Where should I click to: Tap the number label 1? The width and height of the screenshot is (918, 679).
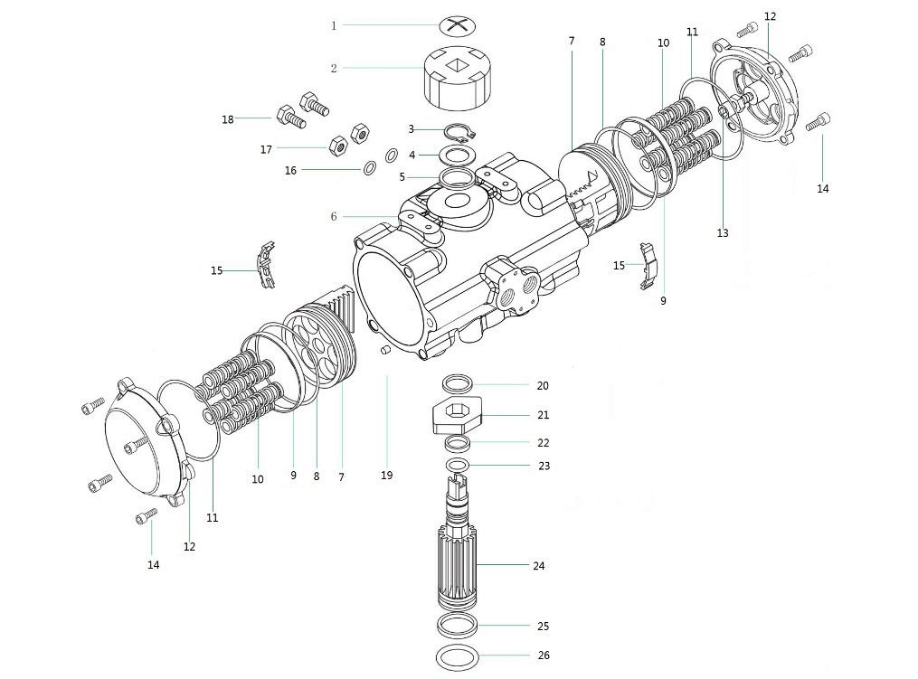coord(333,26)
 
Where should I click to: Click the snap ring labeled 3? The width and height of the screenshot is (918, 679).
coord(460,133)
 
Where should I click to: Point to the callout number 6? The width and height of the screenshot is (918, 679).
coord(333,217)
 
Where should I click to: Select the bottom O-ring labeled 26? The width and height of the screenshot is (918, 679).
coord(458,655)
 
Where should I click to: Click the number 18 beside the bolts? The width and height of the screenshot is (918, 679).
coord(228,119)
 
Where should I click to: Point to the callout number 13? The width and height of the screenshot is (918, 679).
coord(722,233)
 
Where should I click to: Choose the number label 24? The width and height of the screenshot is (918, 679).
coord(539,566)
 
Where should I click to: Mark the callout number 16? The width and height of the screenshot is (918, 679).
coord(290,170)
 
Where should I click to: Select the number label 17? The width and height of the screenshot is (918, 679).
coord(266,149)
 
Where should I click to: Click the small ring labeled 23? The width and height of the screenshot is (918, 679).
coord(459,466)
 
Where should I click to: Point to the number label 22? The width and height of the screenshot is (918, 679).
coord(543,443)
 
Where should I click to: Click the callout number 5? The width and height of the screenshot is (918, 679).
coord(402,177)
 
